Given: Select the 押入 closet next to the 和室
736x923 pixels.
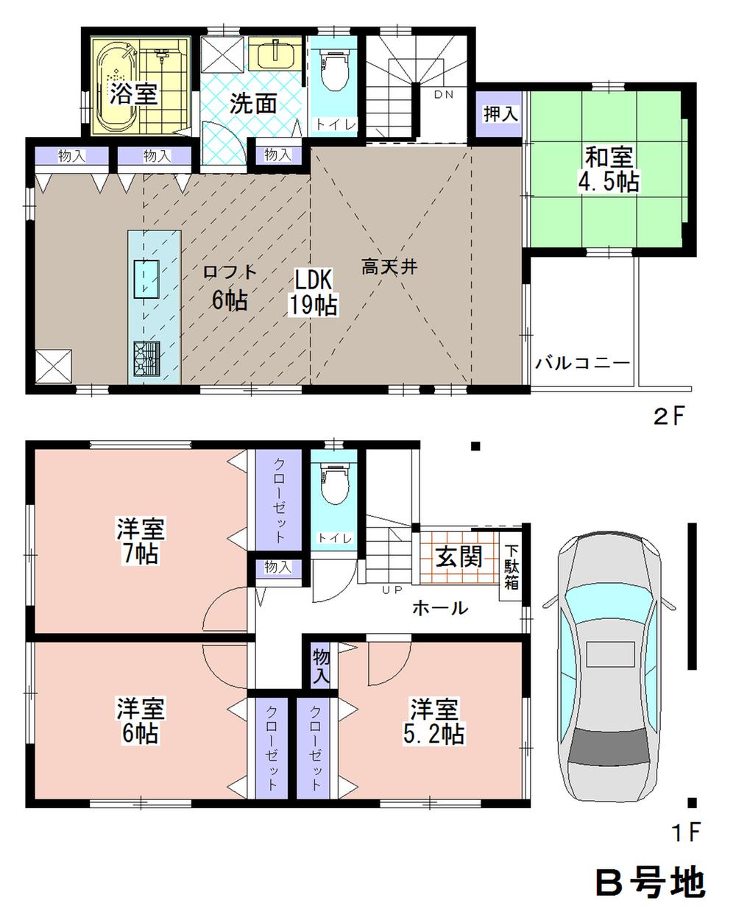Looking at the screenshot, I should pos(500,114).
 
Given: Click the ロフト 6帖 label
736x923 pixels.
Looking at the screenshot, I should pos(229,286).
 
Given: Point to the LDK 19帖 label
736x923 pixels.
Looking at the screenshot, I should pos(313,292).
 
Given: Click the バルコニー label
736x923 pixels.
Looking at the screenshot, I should pos(582,363).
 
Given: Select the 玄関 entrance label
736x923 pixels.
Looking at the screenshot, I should pos(459,557).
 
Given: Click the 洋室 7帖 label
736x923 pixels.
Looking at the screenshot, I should pos(141,541).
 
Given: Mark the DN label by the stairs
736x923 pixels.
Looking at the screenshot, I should pos(443,94).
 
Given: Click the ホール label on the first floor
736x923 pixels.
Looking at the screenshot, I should pos(439,608).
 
